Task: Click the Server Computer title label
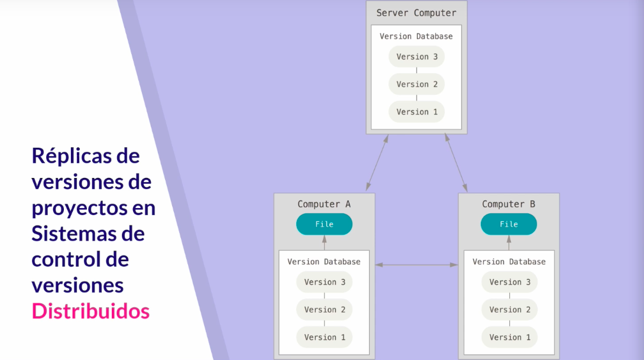[x=416, y=13]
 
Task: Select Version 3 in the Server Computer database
[x=416, y=57]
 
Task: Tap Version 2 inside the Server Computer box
[x=416, y=84]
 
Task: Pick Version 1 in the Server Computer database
[x=416, y=112]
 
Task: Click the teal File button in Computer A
[x=324, y=224]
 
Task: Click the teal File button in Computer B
[x=509, y=224]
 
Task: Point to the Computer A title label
[x=324, y=204]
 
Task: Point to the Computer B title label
[x=509, y=204]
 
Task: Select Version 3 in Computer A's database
[x=325, y=282]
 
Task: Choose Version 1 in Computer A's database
[x=325, y=337]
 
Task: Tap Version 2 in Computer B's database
[x=510, y=310]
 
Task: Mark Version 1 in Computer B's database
[x=510, y=337]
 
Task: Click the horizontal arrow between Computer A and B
[x=416, y=265]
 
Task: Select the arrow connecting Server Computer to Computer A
[x=377, y=163]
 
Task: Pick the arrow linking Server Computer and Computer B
[x=456, y=163]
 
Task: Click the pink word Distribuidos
[x=90, y=311]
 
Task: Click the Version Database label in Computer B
[x=509, y=261]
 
